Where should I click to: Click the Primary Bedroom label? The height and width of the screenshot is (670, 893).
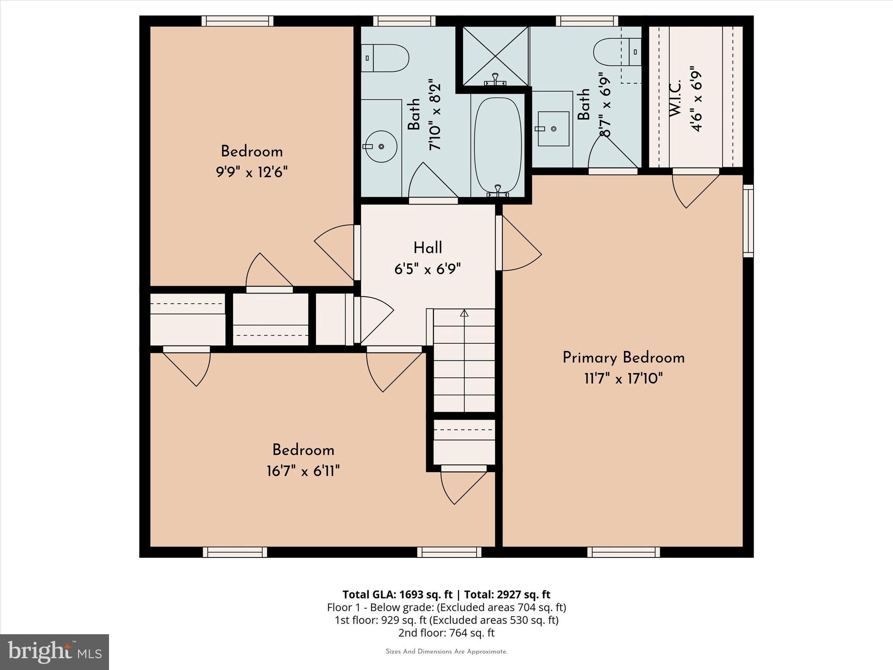[x=623, y=358]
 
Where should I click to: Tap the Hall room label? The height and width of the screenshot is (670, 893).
[x=428, y=248]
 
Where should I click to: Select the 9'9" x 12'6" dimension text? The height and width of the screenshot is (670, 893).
[x=252, y=172]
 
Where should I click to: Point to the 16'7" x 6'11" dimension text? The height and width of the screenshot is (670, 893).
[x=303, y=471]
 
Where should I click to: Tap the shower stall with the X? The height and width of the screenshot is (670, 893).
[x=495, y=56]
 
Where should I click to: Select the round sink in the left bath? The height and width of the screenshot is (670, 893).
[x=381, y=147]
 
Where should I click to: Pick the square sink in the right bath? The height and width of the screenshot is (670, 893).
[x=553, y=129]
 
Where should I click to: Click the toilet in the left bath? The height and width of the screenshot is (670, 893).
[x=386, y=58]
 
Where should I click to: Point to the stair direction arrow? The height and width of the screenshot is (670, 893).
[x=464, y=313]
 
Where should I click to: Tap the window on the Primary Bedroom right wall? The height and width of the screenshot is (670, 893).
[x=748, y=220]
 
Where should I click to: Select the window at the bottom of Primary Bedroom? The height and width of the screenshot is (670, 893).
[x=623, y=552]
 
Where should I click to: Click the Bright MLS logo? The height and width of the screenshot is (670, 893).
[x=54, y=652]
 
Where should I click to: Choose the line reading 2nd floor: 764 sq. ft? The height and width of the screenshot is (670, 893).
[x=446, y=632]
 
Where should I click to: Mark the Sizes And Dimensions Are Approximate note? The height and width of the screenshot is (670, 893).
[x=446, y=652]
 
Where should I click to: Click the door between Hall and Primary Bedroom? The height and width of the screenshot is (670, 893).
[x=519, y=244]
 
